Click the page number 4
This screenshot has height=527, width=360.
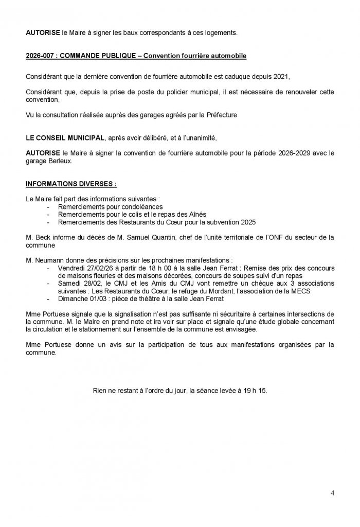pos(332,493)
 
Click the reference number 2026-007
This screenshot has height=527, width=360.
pos(41,56)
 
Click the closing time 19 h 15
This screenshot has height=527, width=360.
pos(254,390)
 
